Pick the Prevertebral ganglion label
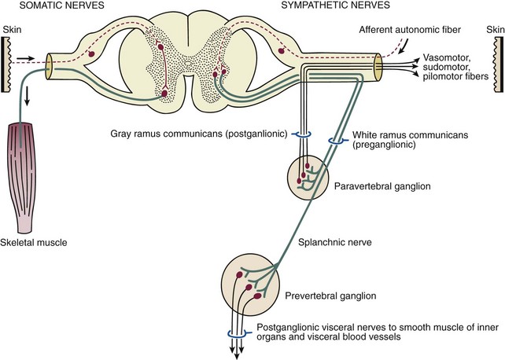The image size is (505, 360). coord(326,297)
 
